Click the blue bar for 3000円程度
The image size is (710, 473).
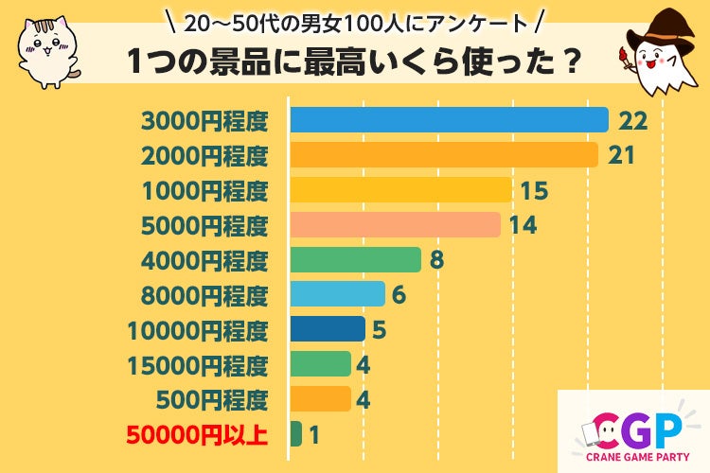(448, 120)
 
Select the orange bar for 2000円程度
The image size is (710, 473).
(443, 155)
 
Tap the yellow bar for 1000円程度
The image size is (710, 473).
(400, 190)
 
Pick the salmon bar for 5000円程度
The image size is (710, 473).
(395, 225)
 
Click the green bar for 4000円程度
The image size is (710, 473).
(355, 259)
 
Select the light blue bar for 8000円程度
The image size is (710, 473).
(337, 294)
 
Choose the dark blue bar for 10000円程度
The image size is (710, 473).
(327, 329)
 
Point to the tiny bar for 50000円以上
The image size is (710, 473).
(295, 434)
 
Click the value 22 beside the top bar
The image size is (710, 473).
(631, 120)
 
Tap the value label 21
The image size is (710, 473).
(621, 155)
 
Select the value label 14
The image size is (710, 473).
(523, 225)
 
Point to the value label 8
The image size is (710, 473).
(435, 259)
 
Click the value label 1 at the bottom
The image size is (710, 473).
(314, 434)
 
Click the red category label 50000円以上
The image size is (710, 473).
(196, 435)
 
